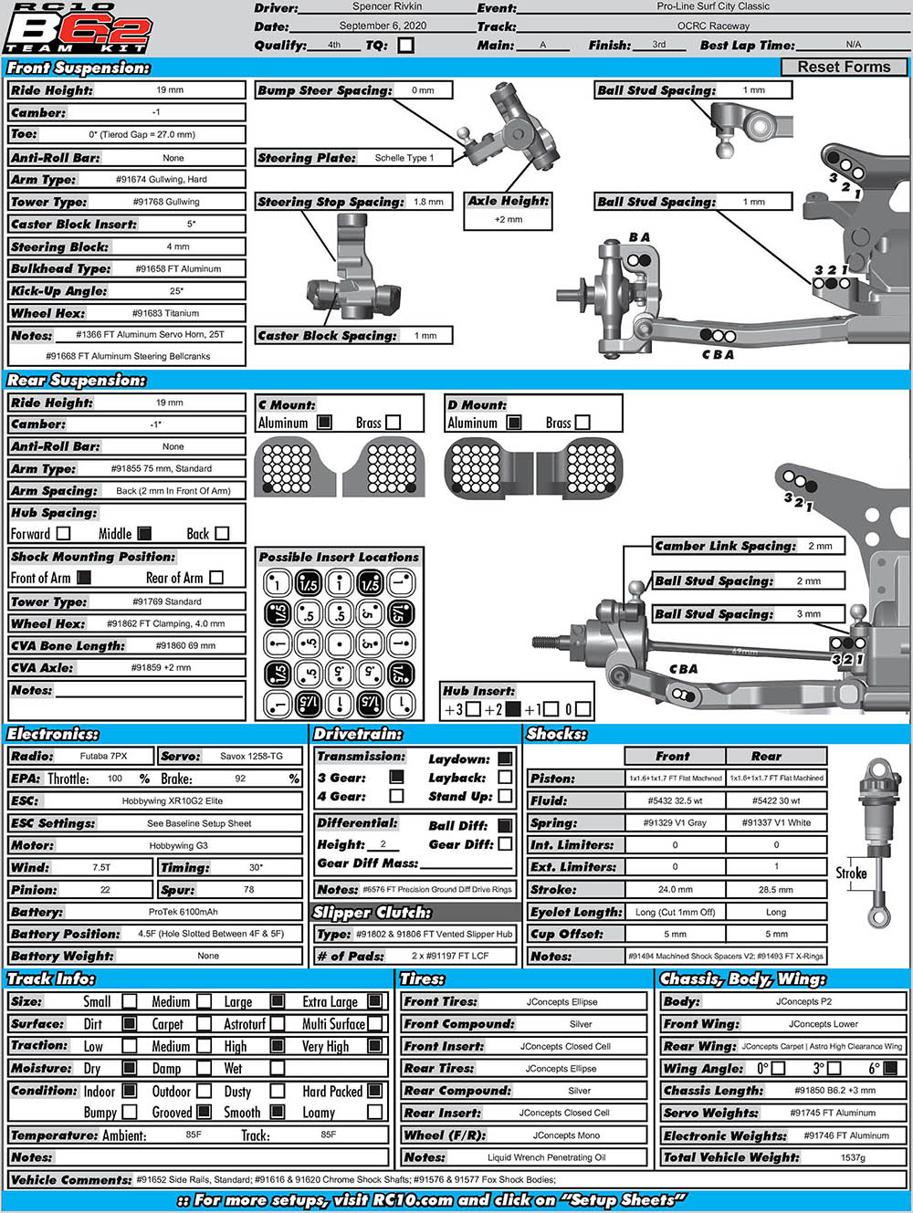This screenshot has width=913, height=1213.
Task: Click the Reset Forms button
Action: [x=844, y=67]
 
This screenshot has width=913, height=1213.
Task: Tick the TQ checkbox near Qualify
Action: [x=405, y=45]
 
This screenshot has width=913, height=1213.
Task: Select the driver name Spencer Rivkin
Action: [x=386, y=6]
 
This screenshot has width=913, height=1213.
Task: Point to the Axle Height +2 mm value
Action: [x=508, y=219]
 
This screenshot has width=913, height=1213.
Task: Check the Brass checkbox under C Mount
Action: [x=394, y=423]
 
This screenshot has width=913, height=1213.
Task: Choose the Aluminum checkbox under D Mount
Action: [x=514, y=423]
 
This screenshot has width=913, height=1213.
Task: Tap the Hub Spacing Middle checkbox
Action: [x=144, y=534]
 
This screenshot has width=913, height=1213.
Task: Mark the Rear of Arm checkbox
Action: [x=216, y=578]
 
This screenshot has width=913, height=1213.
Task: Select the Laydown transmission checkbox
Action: [x=505, y=758]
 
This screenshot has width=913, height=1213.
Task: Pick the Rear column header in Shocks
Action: [x=766, y=756]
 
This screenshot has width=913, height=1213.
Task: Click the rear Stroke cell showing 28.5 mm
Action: [x=775, y=889]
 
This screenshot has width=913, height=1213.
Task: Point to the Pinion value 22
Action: [x=105, y=890]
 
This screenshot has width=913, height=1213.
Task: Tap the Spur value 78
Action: [x=248, y=890]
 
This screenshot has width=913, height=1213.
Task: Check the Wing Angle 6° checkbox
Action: [x=890, y=1068]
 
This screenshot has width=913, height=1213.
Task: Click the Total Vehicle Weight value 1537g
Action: [x=852, y=1157]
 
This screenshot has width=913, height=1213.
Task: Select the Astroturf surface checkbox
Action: [x=278, y=1024]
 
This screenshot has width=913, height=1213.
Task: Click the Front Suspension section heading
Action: [x=79, y=68]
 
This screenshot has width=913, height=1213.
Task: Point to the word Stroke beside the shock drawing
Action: [x=851, y=873]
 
